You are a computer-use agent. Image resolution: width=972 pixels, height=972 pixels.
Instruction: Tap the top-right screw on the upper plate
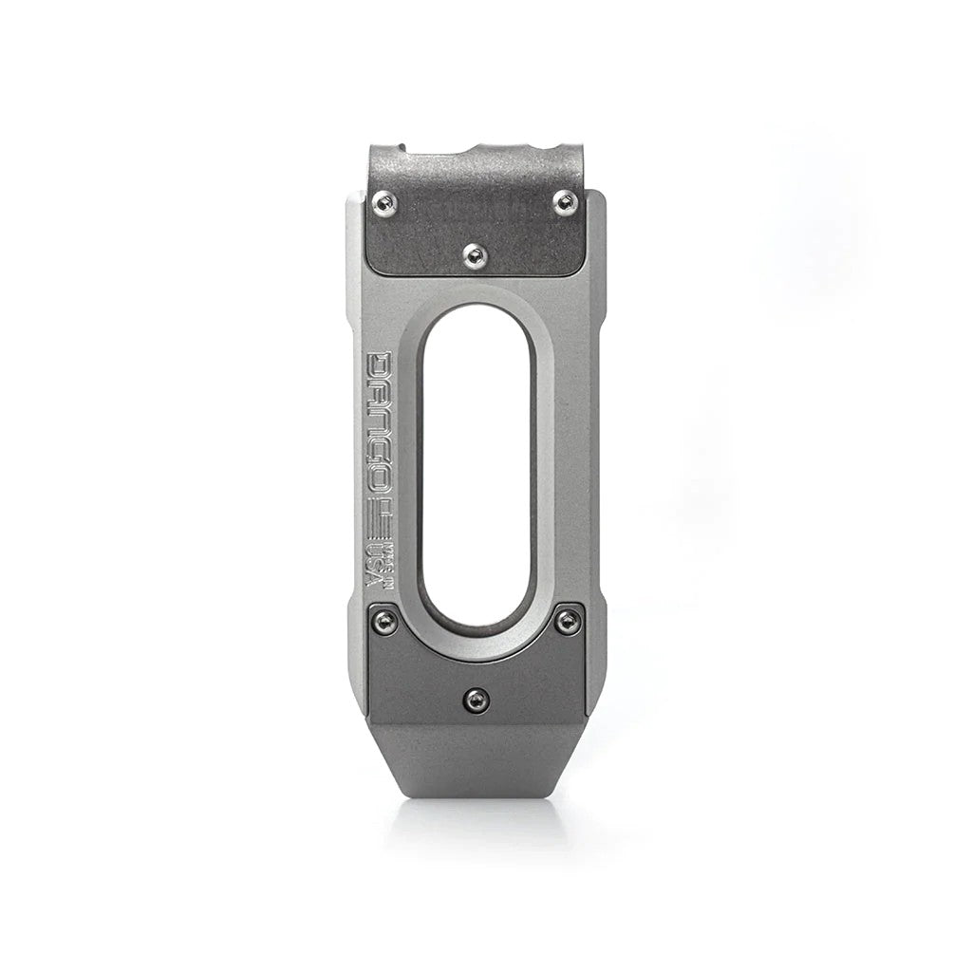tap(564, 200)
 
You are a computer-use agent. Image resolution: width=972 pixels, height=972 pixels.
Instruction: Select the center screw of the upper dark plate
tap(474, 253)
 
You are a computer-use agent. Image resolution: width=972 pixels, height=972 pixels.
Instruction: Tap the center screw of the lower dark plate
tap(475, 701)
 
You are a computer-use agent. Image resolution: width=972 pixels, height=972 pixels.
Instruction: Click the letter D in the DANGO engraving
tap(380, 365)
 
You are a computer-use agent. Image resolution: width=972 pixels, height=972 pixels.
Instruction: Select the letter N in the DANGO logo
tap(380, 419)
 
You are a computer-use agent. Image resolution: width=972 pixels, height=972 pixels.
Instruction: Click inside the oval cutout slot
tap(475, 465)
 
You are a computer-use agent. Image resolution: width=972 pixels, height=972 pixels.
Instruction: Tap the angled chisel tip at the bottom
tap(475, 764)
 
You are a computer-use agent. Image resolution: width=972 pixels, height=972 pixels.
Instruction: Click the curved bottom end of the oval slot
tap(475, 622)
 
